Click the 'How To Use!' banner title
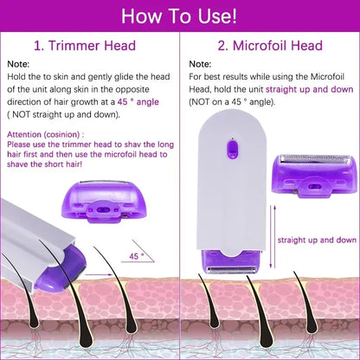click(180, 16)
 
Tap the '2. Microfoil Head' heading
click(271, 44)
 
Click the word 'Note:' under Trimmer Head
click(18, 64)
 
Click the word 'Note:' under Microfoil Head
click(199, 64)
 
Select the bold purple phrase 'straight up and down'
click(310, 88)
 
